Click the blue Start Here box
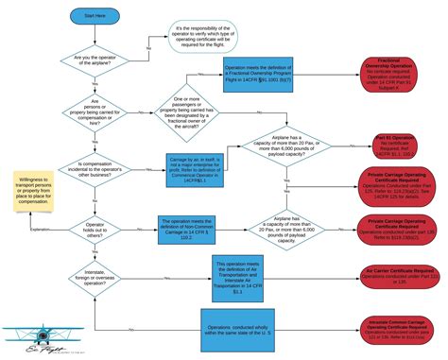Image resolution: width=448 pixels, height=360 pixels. [x=95, y=17]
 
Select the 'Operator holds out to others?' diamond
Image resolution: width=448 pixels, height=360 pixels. [x=95, y=229]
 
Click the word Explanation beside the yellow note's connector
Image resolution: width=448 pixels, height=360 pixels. [x=40, y=229]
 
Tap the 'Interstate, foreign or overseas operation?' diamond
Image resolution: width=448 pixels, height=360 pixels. [x=95, y=278]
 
